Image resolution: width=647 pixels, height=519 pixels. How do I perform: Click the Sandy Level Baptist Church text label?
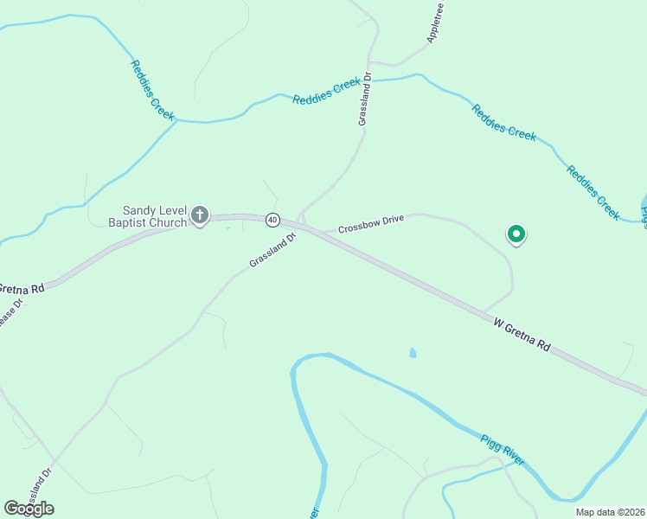[x=155, y=216]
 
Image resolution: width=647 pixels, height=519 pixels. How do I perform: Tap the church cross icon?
[x=200, y=215]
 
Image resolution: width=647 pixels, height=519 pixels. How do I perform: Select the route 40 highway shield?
[x=272, y=220]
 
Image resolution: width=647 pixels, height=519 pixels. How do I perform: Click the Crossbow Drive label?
[x=371, y=225]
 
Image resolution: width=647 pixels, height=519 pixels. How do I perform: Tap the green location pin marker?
[x=516, y=234]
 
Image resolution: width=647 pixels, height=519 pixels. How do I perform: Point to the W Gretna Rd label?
[x=522, y=335]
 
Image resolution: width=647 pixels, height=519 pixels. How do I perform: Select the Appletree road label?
[x=435, y=22]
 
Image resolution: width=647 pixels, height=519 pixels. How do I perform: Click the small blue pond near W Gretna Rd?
[x=413, y=353]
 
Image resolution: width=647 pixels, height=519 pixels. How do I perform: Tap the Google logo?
[x=29, y=509]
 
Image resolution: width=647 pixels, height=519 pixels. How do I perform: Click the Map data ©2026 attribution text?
[x=610, y=512]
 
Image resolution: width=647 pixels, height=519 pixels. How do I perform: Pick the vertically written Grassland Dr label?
[x=365, y=100]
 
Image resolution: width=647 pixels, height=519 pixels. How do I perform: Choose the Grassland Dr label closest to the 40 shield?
[x=272, y=249]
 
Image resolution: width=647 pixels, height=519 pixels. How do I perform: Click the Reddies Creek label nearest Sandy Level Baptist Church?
[x=153, y=89]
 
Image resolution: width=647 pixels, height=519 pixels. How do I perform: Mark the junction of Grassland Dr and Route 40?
[x=300, y=223]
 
